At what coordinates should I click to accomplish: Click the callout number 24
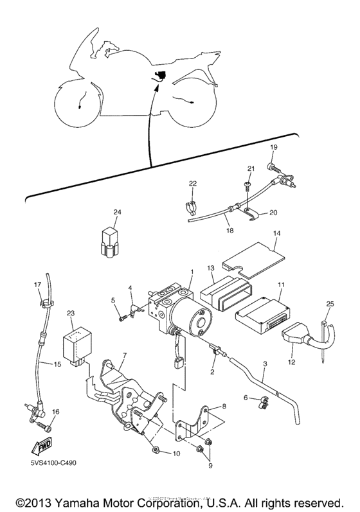(117, 211)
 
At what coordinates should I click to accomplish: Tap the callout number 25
(330, 303)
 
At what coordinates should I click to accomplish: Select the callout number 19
(273, 147)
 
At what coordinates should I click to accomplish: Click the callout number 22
(192, 184)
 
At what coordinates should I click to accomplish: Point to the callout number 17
(37, 284)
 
